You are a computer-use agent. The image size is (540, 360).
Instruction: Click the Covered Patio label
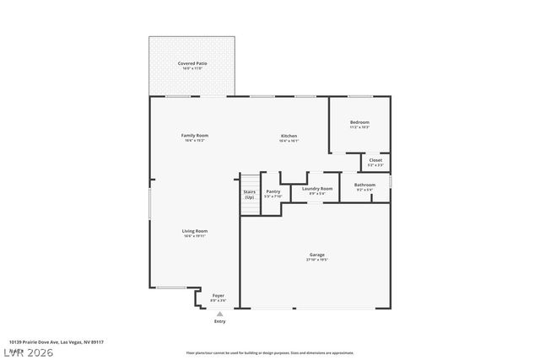192,63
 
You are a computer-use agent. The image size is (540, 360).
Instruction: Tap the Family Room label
195,135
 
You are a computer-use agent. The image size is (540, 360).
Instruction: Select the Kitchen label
289,136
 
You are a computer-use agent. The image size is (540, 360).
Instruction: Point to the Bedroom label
359,122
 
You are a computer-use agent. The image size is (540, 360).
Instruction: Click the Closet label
375,159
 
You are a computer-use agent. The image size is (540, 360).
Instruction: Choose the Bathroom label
364,185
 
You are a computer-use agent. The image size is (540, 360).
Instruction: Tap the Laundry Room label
317,188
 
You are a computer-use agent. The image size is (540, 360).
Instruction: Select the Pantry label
273,191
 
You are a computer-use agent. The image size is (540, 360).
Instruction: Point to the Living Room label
195,231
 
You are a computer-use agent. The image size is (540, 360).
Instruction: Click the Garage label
316,255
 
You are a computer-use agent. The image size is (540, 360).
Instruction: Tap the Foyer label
218,295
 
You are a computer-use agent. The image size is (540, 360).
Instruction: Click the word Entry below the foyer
219,321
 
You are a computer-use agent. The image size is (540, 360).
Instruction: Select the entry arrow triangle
219,314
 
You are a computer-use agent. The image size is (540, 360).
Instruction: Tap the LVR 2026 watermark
27,351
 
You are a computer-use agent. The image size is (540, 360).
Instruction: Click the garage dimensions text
316,260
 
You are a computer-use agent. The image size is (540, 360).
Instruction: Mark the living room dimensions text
195,236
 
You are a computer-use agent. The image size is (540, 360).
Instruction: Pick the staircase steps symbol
249,180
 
